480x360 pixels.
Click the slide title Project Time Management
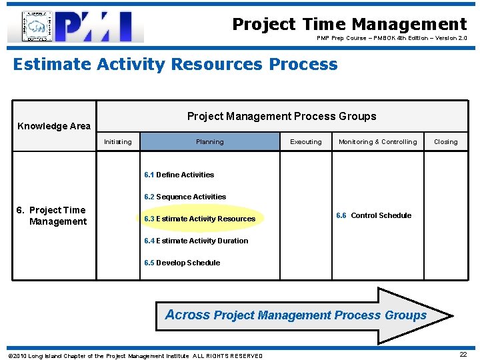[x=349, y=25]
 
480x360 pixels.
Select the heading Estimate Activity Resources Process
[x=175, y=65]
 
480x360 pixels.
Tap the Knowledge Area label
[x=54, y=126]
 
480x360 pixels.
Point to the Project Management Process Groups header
[x=281, y=117]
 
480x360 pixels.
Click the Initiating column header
[x=118, y=142]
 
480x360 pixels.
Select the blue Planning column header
[x=210, y=141]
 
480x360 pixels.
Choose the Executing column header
[x=306, y=142]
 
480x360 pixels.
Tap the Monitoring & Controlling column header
[x=377, y=142]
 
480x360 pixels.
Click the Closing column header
[x=445, y=142]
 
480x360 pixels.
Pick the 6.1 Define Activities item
[x=179, y=175]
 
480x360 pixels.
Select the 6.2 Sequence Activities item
[x=185, y=197]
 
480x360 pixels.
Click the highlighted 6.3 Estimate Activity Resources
[x=200, y=219]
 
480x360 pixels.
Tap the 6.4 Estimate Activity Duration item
[x=196, y=241]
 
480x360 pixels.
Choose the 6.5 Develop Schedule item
[x=182, y=263]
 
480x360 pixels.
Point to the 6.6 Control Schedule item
[x=373, y=215]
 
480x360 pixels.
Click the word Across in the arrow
[x=187, y=315]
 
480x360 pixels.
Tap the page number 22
[x=463, y=355]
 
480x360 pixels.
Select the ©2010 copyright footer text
[x=135, y=356]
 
